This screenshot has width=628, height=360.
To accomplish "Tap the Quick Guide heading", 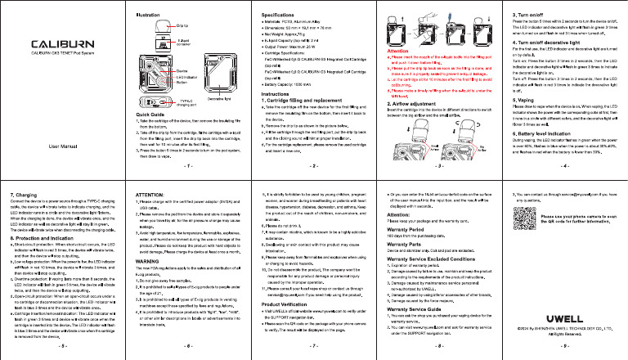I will point(150,137).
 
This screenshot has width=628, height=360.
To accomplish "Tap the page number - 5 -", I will point(63,346).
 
